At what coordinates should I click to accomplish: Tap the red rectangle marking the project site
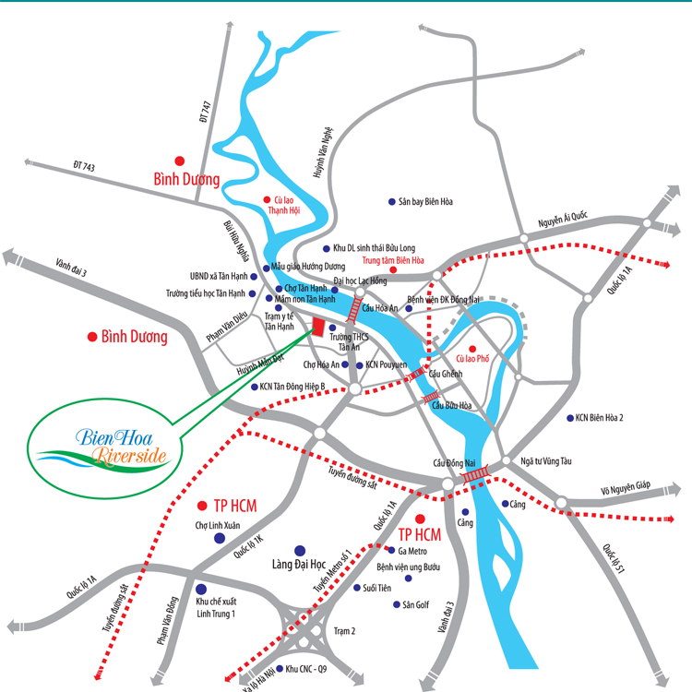(317, 328)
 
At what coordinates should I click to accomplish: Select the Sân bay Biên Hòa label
(425, 201)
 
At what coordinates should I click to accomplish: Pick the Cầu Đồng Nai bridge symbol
(476, 474)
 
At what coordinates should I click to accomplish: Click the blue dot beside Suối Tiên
(357, 588)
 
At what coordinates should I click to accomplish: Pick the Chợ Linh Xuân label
(217, 526)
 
